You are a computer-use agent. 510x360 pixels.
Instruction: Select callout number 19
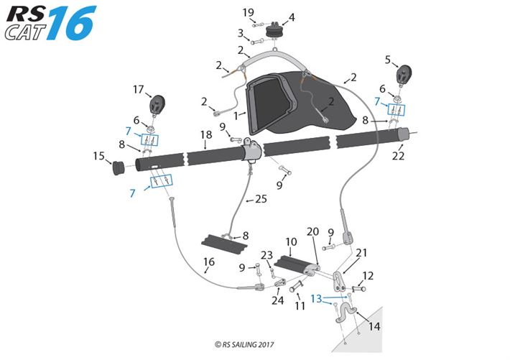point(248,13)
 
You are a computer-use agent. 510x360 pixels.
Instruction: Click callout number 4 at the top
point(292,17)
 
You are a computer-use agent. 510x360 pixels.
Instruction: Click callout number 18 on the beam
point(206,134)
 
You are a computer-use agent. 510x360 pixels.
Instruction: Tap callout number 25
point(261,199)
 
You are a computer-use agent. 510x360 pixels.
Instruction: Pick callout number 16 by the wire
point(208,262)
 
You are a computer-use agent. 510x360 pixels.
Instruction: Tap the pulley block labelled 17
point(157,105)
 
